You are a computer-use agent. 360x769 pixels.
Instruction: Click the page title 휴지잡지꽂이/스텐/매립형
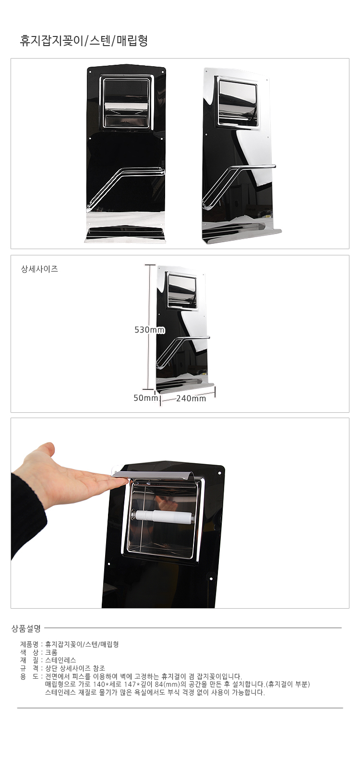pyautogui.click(x=84, y=41)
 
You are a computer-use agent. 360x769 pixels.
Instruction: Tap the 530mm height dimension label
pyautogui.click(x=150, y=330)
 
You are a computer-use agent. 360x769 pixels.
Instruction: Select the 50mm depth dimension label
pyautogui.click(x=145, y=398)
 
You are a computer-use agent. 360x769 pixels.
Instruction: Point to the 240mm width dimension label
pyautogui.click(x=191, y=398)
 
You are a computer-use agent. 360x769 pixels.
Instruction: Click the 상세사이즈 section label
pyautogui.click(x=39, y=269)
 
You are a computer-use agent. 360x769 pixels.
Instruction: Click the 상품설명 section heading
pyautogui.click(x=26, y=628)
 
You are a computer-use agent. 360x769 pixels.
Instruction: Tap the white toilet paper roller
pyautogui.click(x=164, y=515)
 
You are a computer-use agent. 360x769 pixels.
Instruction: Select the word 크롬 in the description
pyautogui.click(x=51, y=652)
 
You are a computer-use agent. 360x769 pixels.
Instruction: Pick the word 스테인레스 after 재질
pyautogui.click(x=61, y=660)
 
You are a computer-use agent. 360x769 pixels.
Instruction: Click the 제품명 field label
pyautogui.click(x=29, y=644)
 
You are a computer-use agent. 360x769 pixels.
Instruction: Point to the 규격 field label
pyautogui.click(x=29, y=668)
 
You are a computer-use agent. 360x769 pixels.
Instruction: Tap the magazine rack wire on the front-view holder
pyautogui.click(x=126, y=187)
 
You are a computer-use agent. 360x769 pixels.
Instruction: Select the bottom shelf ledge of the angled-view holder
pyautogui.click(x=242, y=235)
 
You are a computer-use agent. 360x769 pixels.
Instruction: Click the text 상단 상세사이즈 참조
pyautogui.click(x=83, y=668)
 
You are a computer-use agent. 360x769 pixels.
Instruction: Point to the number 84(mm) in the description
pyautogui.click(x=167, y=684)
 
